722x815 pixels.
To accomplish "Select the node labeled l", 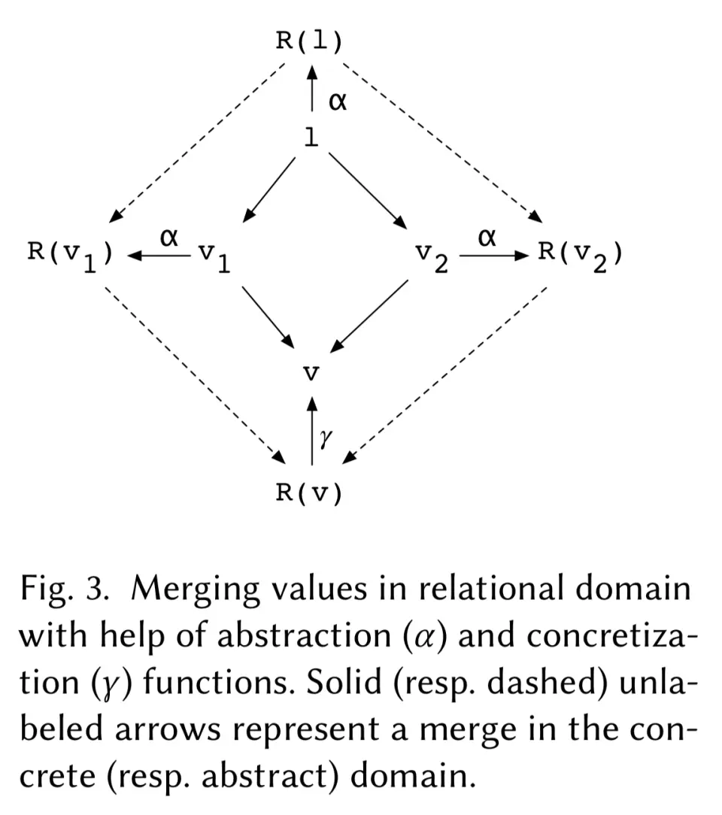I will pyautogui.click(x=310, y=137).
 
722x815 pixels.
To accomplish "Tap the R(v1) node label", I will pyautogui.click(x=71, y=254).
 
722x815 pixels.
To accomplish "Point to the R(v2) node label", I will pyautogui.click(x=580, y=254).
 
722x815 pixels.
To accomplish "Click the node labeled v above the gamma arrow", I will pyautogui.click(x=310, y=372).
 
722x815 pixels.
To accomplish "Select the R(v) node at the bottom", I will pyautogui.click(x=309, y=494).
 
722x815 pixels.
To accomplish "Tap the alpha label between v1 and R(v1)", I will pyautogui.click(x=169, y=238).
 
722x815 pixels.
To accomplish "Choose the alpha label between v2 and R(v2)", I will pyautogui.click(x=487, y=238).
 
